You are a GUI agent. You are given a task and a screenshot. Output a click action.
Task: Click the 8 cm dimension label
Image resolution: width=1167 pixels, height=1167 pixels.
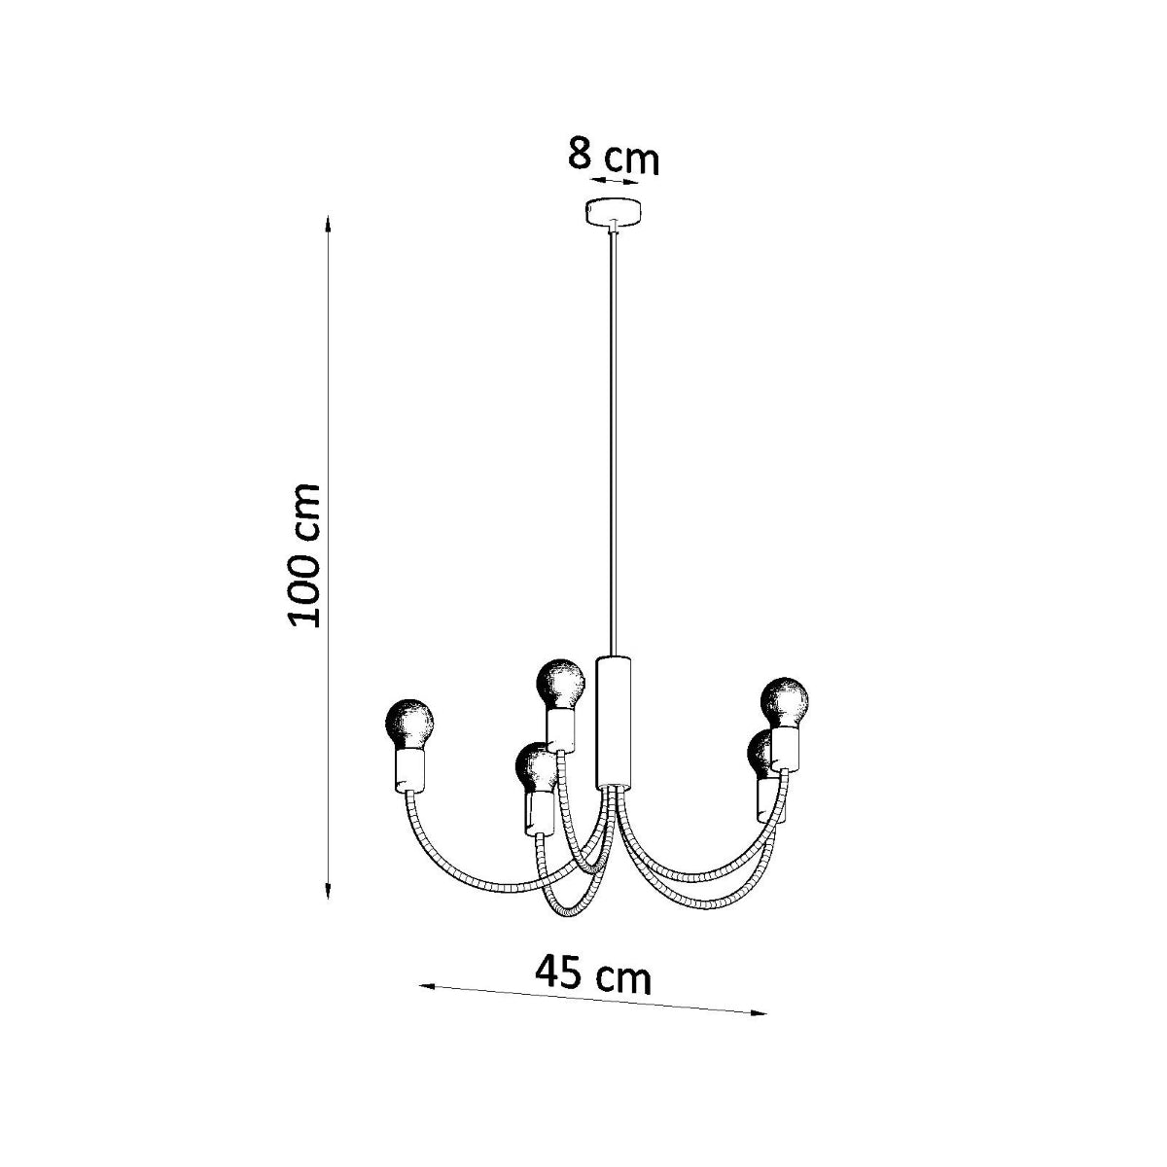[x=614, y=158]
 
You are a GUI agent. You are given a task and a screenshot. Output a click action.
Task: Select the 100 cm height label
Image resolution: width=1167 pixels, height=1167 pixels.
[x=304, y=555]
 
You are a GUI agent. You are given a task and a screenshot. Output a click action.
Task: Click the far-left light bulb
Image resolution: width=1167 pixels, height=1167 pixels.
[x=409, y=723]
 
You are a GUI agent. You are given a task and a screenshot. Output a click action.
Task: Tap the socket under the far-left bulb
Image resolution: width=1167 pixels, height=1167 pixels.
[x=410, y=770]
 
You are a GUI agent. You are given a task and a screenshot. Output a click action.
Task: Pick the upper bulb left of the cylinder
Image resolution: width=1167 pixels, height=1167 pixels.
[x=562, y=684]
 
